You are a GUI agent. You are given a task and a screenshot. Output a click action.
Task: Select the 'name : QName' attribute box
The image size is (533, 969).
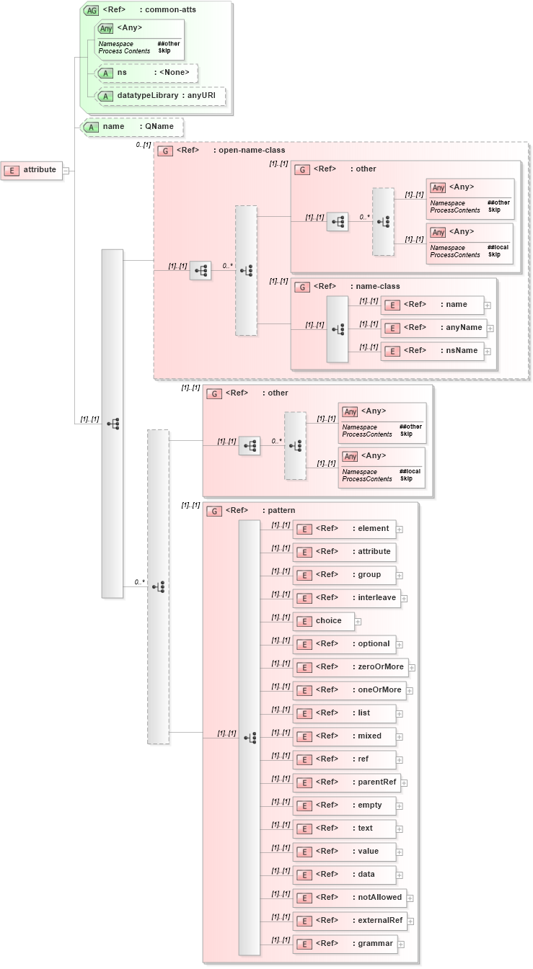131,127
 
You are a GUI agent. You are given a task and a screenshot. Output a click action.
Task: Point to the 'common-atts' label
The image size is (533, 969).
170,10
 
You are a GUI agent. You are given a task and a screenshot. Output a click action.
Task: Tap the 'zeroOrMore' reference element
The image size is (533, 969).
350,667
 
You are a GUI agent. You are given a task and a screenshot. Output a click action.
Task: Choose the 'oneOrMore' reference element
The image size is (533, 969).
348,690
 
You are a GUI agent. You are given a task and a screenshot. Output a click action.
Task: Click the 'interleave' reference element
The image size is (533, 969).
345,598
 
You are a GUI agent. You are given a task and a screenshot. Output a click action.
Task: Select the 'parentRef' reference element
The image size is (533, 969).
345,782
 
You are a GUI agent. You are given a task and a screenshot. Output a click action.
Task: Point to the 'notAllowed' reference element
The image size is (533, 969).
348,898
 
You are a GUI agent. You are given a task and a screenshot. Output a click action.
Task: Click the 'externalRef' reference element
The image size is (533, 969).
349,921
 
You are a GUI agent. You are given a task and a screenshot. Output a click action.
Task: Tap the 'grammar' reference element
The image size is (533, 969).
344,944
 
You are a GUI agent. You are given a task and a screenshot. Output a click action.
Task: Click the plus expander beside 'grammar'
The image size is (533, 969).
401,945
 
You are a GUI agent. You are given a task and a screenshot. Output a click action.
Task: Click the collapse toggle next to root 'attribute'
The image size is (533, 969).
66,171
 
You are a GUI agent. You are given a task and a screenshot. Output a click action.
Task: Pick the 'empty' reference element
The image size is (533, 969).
344,805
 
